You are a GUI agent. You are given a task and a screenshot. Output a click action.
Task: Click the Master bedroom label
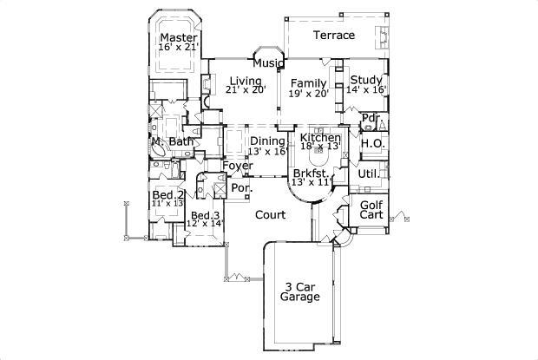point(179,36)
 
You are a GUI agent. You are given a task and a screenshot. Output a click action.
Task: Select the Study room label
point(365,79)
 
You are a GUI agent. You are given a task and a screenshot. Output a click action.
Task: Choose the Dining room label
point(267,141)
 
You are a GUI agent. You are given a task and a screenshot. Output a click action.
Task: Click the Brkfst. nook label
point(311,173)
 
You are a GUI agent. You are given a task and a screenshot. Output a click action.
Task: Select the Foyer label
point(237,166)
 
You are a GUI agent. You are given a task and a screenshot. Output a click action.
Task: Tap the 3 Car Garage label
point(299,291)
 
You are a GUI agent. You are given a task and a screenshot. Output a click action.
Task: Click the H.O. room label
point(373,143)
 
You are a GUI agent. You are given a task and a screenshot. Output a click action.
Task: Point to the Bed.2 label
point(167,195)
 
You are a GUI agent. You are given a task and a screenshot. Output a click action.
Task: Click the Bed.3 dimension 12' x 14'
point(206,224)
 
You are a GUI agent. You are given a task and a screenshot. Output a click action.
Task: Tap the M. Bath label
point(172,141)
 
